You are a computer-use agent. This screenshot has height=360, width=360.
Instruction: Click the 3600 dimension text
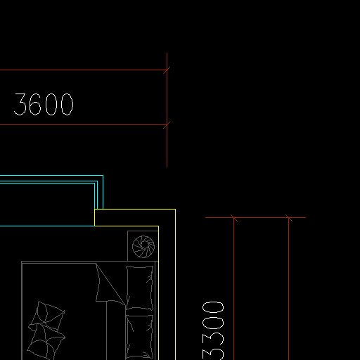point(44,104)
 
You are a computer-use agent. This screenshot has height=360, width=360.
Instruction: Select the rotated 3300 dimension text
point(213,330)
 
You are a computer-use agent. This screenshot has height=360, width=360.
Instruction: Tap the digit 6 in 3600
point(35,104)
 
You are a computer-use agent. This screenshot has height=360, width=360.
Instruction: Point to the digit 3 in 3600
point(20,104)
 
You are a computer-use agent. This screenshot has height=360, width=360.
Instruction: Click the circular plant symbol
point(143,247)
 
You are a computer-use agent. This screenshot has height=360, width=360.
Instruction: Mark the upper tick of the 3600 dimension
point(167,70)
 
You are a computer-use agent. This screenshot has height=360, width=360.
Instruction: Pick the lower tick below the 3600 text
point(167,124)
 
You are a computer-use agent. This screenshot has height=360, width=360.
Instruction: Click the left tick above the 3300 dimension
point(233,218)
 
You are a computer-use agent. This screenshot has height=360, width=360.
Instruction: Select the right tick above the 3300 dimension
point(288,218)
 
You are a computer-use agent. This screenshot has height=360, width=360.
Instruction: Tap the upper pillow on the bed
point(139,288)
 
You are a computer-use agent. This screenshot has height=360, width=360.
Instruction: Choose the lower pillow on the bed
point(139,336)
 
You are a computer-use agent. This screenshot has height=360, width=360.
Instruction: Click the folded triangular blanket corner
point(108,285)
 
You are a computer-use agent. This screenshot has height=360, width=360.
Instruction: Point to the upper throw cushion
point(48,315)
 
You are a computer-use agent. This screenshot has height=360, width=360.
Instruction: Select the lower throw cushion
point(46,342)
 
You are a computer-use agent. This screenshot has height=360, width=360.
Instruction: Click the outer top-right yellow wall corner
point(175,209)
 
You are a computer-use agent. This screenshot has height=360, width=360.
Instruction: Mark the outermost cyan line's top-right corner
point(103,175)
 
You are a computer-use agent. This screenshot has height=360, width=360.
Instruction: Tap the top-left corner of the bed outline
point(22,262)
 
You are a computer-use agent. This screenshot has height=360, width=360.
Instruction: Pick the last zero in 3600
point(67,104)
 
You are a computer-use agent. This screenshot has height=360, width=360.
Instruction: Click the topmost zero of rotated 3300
point(213,307)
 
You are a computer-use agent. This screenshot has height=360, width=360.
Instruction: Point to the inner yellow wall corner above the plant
point(158,226)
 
